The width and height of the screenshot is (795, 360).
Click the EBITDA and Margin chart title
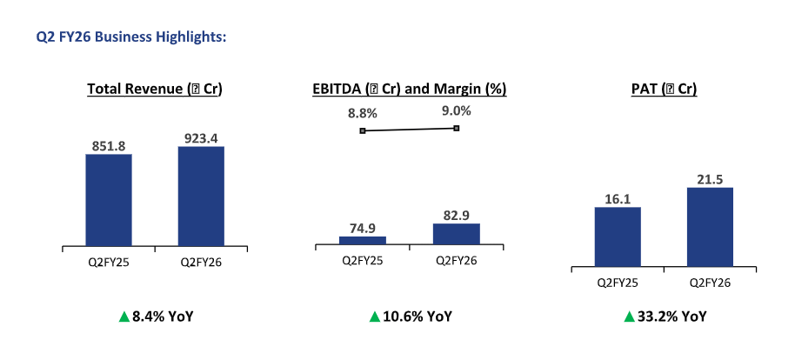coord(410,89)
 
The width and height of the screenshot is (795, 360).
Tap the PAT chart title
coord(664,89)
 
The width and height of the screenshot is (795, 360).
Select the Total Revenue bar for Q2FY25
coord(109,200)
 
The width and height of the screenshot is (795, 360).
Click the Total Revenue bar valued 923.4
coord(201,196)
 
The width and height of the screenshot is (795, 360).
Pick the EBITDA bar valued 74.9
coord(363,241)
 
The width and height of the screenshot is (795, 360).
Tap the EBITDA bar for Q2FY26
coord(456,235)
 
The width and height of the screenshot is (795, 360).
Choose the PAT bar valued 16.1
coord(618,236)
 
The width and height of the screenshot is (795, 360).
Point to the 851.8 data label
coord(109,146)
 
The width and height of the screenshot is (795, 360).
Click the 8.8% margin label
coord(363,113)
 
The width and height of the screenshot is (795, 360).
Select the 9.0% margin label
coord(456,110)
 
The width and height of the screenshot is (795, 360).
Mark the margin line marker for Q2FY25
coord(363,130)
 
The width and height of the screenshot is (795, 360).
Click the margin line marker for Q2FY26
coord(456,128)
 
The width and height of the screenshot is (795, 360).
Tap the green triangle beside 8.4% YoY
coord(124,316)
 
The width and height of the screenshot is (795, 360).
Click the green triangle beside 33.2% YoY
coord(629,316)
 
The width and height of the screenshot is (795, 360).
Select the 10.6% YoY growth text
coord(417,316)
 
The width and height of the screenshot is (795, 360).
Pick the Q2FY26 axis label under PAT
coord(710,282)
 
